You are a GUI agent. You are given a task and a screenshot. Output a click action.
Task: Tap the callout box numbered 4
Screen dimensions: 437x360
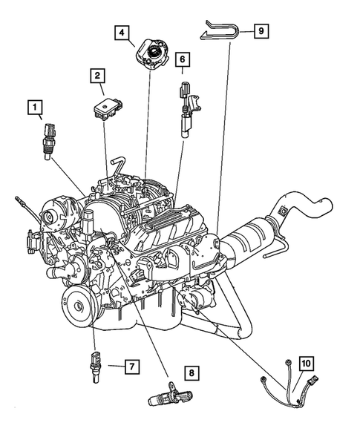(x=121, y=32)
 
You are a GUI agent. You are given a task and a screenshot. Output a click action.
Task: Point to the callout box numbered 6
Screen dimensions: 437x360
(x=183, y=58)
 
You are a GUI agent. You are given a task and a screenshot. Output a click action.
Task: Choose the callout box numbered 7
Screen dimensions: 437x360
(x=130, y=367)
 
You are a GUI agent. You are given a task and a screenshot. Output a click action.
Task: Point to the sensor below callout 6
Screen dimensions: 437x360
(x=186, y=108)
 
